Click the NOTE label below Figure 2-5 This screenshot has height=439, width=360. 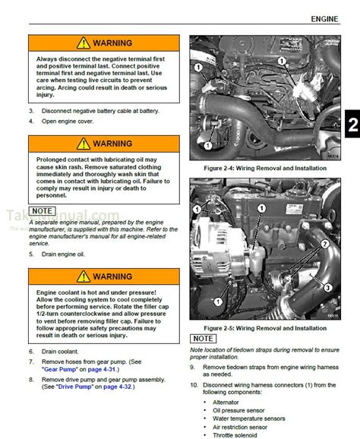(x=203, y=338)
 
